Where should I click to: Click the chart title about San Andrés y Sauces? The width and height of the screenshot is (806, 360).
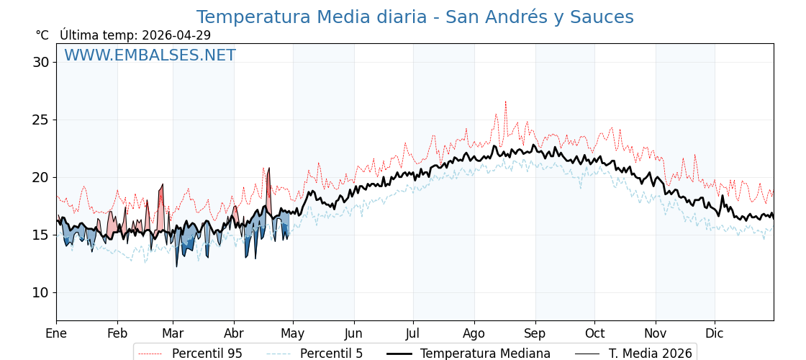[x=415, y=17]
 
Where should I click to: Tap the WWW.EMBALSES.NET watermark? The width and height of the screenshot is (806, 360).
[x=150, y=55]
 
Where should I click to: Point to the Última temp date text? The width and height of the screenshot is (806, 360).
[x=135, y=35]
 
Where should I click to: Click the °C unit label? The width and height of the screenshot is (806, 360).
[x=42, y=35]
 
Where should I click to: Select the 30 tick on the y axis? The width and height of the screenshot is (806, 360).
[x=40, y=62]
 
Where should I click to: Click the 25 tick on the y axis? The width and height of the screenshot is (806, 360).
[x=40, y=120]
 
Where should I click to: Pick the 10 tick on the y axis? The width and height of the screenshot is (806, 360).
[x=40, y=292]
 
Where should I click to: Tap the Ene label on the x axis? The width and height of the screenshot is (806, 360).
[x=56, y=333]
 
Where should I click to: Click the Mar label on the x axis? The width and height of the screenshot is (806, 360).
[x=173, y=333]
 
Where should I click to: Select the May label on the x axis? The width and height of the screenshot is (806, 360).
[x=293, y=333]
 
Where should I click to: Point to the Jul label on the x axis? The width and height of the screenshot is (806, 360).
[x=413, y=333]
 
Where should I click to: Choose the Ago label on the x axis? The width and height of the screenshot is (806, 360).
[x=474, y=333]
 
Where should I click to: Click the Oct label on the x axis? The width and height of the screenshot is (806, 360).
[x=594, y=333]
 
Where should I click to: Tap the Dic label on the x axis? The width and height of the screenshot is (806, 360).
[x=715, y=333]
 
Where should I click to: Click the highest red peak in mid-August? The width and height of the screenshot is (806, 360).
[x=505, y=102]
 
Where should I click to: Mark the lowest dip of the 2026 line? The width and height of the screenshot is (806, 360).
[x=176, y=266]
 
